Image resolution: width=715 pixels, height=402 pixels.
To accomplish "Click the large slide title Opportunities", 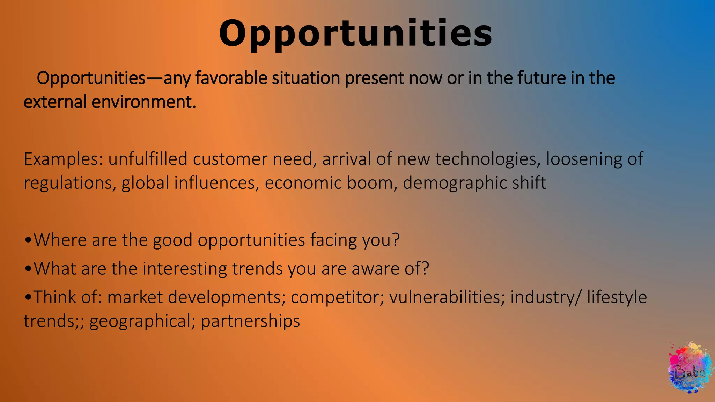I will pyautogui.click(x=355, y=34).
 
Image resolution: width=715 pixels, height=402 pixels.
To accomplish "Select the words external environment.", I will pyautogui.click(x=110, y=102).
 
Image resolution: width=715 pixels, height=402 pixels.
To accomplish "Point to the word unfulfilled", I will pyautogui.click(x=148, y=159).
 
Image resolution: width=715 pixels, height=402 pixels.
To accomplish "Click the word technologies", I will pyautogui.click(x=485, y=159).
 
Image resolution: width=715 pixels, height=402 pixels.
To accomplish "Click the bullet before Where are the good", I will pyautogui.click(x=28, y=240).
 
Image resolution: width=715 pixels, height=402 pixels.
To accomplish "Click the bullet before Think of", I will pyautogui.click(x=28, y=298).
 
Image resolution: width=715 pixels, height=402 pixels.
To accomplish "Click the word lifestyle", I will pyautogui.click(x=617, y=297).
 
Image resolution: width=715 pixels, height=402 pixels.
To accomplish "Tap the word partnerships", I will pyautogui.click(x=250, y=321).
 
